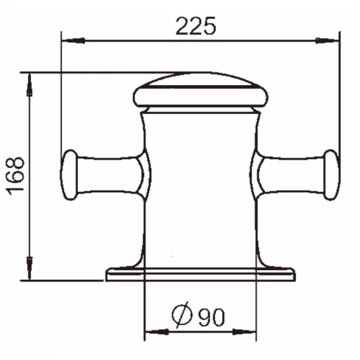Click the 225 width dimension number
(x=195, y=26)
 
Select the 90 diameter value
(x=212, y=316)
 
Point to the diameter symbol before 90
(x=182, y=314)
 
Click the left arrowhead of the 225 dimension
(x=73, y=41)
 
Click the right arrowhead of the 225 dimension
(x=328, y=41)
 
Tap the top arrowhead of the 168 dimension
(x=30, y=85)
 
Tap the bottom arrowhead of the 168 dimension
(x=30, y=268)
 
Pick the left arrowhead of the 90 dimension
(x=157, y=332)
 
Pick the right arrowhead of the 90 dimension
(x=244, y=332)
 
